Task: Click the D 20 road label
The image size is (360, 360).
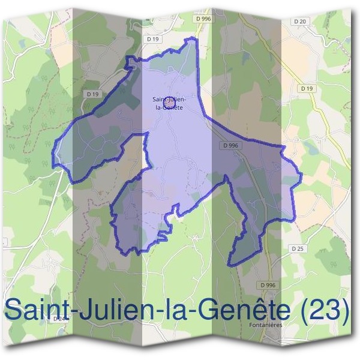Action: [x=301, y=21]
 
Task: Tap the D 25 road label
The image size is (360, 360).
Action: [x=296, y=248]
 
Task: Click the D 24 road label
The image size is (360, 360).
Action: [x=60, y=319]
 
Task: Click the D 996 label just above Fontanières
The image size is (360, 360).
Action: [x=268, y=284]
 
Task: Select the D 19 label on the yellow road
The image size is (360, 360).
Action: [x=307, y=88]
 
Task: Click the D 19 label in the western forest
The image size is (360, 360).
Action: [x=92, y=94]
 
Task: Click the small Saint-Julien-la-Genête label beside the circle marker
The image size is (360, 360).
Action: [x=169, y=103]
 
